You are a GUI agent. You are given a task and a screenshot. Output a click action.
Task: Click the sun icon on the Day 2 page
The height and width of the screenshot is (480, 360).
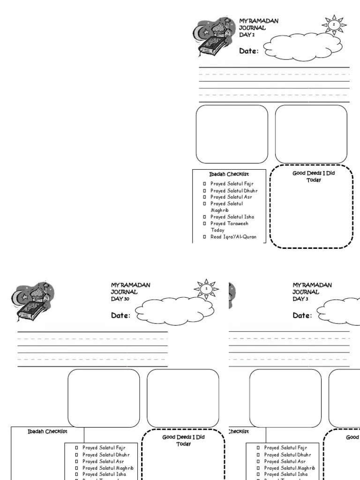pos(334,25)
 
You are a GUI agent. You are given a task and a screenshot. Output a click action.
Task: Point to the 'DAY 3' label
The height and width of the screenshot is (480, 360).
pos(300,299)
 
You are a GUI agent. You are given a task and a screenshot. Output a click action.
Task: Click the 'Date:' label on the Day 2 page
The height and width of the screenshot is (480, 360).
pos(248,51)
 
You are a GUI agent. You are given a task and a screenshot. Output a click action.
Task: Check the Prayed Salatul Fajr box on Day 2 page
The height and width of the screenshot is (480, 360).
pos(205,184)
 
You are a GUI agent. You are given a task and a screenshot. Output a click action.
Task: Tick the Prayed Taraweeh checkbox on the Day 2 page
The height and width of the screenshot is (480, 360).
pos(205,224)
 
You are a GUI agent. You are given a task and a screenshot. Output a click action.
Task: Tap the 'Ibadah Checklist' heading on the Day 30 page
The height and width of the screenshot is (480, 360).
pos(47,431)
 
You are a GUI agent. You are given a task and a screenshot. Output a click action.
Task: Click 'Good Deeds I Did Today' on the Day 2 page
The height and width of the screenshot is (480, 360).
pos(314,176)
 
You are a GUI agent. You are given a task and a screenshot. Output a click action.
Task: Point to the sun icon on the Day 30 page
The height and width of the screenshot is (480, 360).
pos(206,289)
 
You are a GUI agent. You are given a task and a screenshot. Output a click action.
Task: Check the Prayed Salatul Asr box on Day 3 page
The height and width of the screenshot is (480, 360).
pos(258,461)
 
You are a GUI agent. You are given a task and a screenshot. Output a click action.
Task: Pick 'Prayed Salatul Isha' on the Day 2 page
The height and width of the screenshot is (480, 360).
pos(232,217)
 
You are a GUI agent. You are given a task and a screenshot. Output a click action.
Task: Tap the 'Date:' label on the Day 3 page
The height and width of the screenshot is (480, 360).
pos(302,315)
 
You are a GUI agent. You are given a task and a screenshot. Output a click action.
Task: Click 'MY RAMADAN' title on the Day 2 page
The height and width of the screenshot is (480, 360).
pos(259,21)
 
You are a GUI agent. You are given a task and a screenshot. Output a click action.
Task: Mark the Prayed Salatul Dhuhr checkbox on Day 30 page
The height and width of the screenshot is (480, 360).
pos(76,455)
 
